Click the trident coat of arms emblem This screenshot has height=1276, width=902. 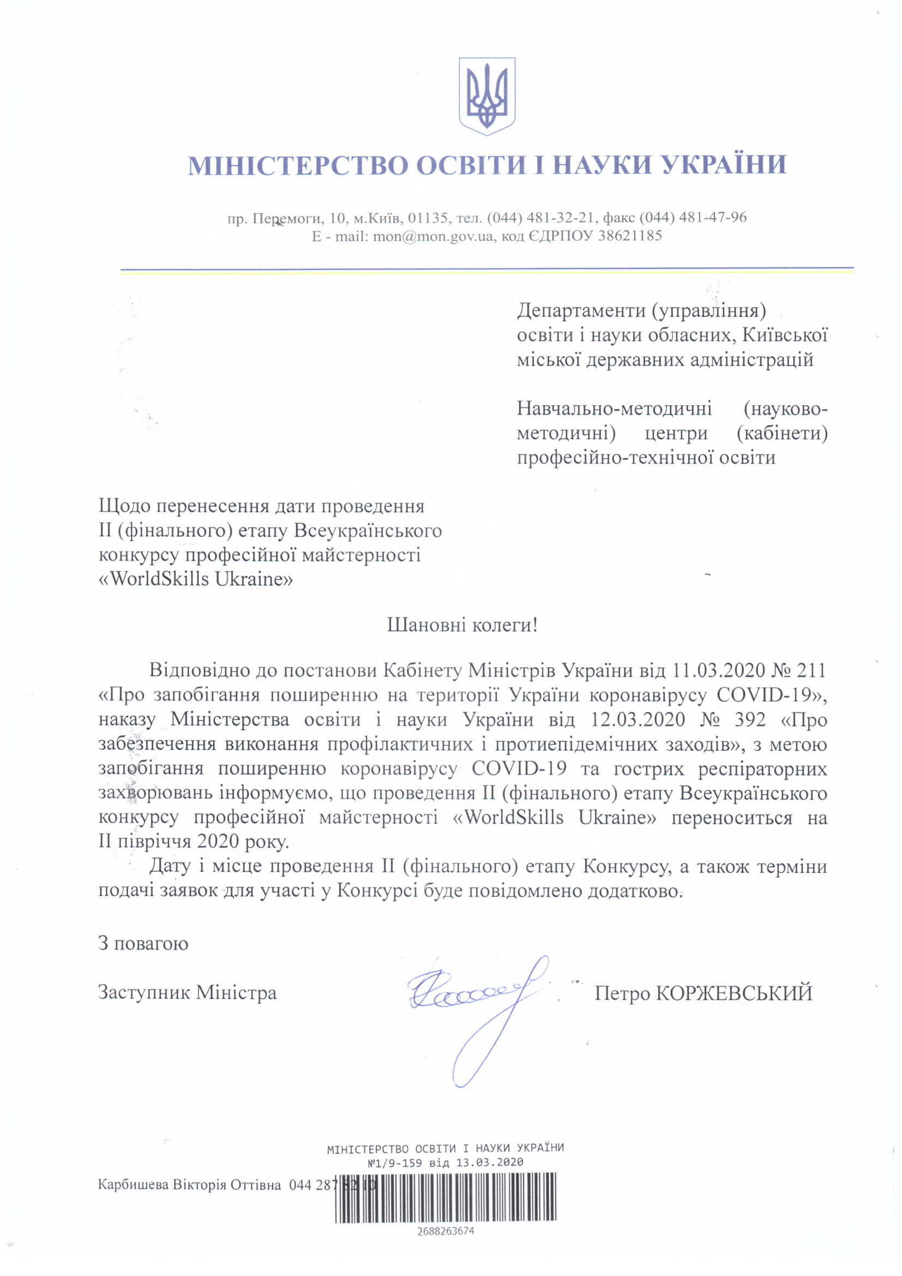[486, 95]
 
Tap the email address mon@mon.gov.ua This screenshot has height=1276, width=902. [432, 236]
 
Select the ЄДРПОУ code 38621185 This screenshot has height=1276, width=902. [630, 236]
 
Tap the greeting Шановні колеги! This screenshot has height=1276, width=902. [462, 625]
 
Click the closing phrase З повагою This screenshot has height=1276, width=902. [143, 943]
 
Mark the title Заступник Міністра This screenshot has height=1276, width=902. [187, 992]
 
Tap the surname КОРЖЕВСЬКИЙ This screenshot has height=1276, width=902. [734, 993]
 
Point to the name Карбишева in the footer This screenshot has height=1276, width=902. [133, 1185]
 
